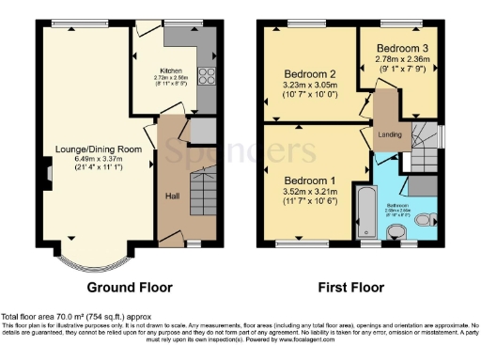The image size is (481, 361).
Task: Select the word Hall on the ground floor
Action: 173,196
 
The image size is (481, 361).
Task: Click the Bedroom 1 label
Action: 309,180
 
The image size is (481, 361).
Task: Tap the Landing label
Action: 390,134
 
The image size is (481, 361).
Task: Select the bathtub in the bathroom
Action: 362,212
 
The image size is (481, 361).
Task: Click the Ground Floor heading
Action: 130,287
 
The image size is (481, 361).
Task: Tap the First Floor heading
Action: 349,287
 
